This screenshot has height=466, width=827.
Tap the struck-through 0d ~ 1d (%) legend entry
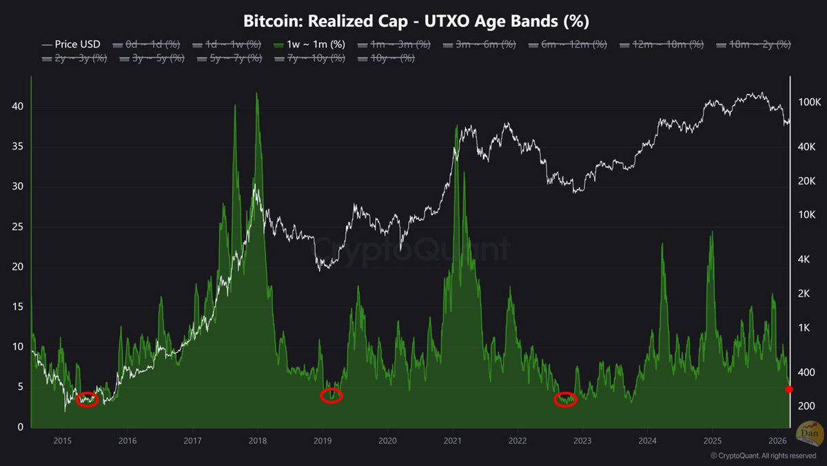pos(148,44)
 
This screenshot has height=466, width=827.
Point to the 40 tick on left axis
pos(19,107)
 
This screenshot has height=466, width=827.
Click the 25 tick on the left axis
pos(19,227)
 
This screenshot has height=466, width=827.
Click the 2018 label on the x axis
pos(258,440)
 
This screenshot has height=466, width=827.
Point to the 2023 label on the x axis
pos(582,440)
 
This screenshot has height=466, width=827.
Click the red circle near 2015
pos(87,399)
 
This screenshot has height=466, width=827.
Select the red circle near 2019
pos(331,396)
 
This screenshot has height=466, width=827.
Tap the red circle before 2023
pos(565,400)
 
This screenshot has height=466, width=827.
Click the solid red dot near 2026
pos(789,389)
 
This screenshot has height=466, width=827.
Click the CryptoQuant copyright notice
pos(764,456)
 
